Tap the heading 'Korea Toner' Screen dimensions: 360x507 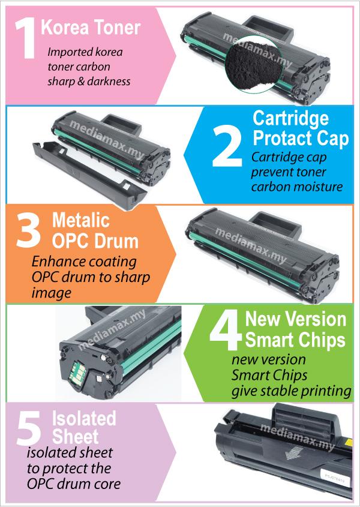[x=91, y=28]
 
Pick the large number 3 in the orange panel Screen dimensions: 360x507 [x=29, y=232]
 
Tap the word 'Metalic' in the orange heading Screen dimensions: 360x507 [x=81, y=221]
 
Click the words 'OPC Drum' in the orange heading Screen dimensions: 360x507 [x=95, y=241]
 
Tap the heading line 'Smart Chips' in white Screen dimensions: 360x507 [x=295, y=340]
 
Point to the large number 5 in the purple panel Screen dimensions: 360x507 [x=29, y=428]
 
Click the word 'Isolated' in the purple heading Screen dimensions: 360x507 [x=84, y=418]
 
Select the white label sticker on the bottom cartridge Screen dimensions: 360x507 [x=334, y=476]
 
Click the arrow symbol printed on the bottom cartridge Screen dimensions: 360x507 [x=293, y=452]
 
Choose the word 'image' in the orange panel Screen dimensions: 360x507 [x=52, y=293]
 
